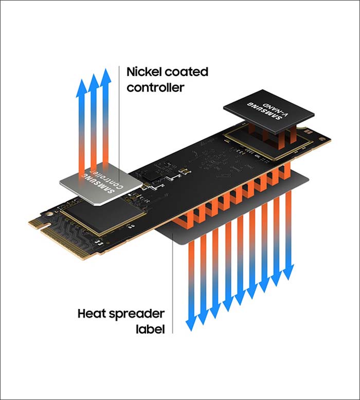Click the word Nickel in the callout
coord(141,72)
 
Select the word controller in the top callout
coord(155,87)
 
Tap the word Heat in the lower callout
coord(92,313)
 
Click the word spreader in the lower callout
coord(136,314)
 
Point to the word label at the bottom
coord(150,329)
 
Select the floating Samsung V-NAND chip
coord(268,112)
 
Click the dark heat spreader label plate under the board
coord(232,204)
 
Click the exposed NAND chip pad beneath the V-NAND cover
coord(265,143)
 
